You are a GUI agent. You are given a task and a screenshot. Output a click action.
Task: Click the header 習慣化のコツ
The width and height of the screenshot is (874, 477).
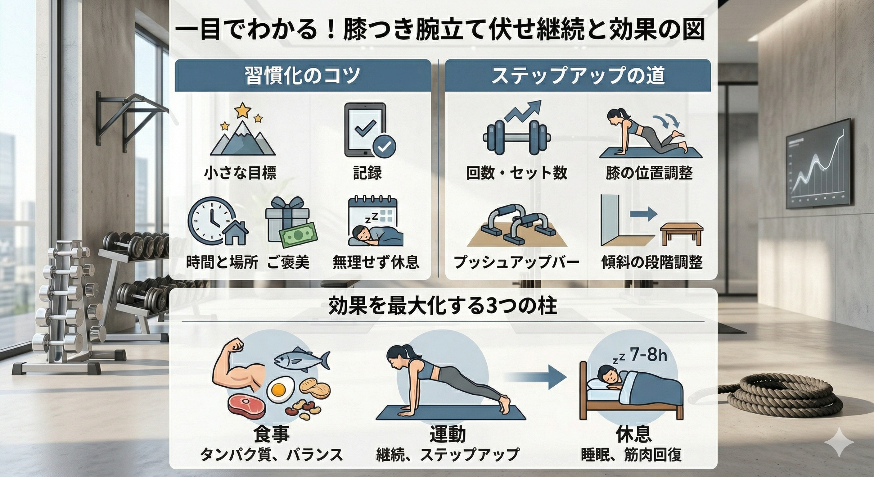coord(302,75)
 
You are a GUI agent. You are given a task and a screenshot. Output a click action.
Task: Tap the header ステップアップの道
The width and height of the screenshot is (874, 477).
coord(578,75)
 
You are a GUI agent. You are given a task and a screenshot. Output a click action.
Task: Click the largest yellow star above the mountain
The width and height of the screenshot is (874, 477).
coord(243,110)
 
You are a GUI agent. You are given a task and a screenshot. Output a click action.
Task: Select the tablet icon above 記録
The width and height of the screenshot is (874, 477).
coord(365,130)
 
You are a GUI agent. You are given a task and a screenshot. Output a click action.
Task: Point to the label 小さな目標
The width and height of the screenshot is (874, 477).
coord(240,173)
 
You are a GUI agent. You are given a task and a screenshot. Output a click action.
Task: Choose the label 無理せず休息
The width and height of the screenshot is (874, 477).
coord(376,262)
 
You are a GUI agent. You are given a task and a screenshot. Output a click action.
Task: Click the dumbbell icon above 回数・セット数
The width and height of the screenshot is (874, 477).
coord(516,139)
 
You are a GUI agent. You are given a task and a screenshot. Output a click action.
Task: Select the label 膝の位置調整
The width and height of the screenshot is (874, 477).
coord(649,173)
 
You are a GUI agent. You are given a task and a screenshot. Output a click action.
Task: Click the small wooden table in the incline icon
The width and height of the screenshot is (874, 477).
coord(681,233)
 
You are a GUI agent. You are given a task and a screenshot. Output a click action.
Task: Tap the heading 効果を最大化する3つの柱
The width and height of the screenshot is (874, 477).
coord(443,306)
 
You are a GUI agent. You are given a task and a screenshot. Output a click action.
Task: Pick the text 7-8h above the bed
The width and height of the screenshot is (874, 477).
coord(648,355)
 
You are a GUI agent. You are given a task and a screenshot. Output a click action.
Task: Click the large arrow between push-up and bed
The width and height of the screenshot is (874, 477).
coord(536,377)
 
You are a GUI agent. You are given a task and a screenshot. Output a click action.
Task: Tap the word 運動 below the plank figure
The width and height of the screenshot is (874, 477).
coord(448,434)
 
